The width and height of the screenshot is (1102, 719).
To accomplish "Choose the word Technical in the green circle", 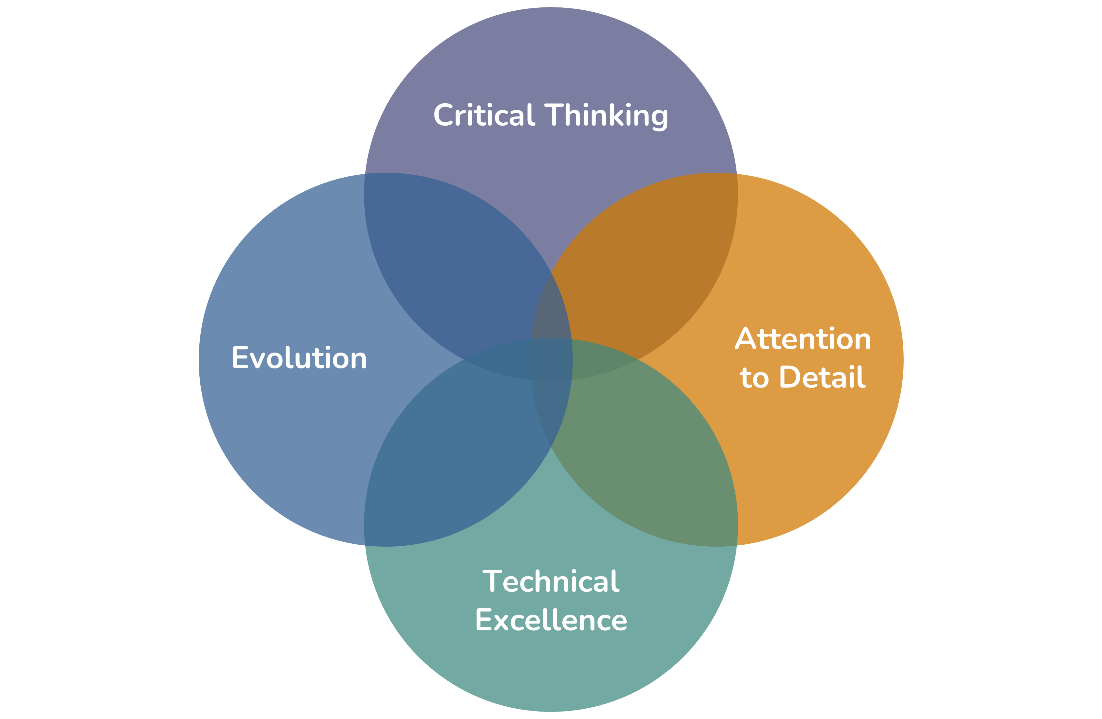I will click(551, 581).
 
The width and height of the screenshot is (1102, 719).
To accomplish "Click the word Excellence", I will click(551, 620).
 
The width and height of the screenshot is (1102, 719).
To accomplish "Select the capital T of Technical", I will click(493, 581).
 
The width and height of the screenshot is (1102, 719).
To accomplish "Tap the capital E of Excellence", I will click(483, 620).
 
